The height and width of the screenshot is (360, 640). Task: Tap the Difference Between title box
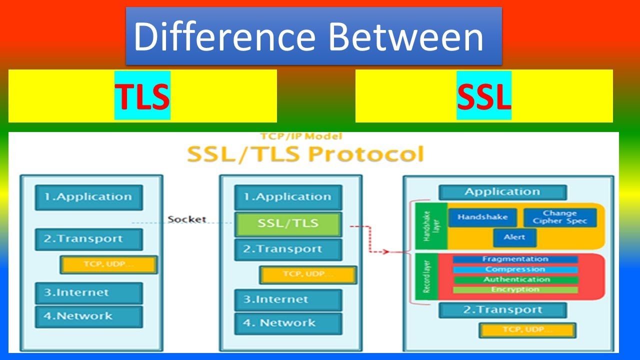click(313, 36)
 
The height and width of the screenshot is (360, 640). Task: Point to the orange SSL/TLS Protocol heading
click(305, 153)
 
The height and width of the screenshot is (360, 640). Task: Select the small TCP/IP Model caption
click(301, 136)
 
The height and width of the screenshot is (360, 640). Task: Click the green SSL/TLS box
click(288, 223)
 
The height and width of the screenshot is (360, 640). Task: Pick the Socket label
click(187, 219)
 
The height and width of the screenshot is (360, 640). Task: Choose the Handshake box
click(482, 217)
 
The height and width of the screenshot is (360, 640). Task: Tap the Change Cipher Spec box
click(559, 217)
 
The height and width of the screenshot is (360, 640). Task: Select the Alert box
click(514, 237)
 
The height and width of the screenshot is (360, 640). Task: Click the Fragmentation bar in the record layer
click(515, 259)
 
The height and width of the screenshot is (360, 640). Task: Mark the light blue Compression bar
click(515, 269)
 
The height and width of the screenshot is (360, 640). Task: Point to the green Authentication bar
click(515, 279)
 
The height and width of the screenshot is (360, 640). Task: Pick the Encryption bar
click(515, 289)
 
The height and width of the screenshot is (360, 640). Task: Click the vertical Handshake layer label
click(426, 226)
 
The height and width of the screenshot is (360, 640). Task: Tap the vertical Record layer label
click(426, 278)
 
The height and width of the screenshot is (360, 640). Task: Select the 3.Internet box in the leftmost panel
click(88, 293)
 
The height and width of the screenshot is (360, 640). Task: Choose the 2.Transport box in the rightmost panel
click(502, 310)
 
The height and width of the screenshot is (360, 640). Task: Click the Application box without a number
click(502, 192)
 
